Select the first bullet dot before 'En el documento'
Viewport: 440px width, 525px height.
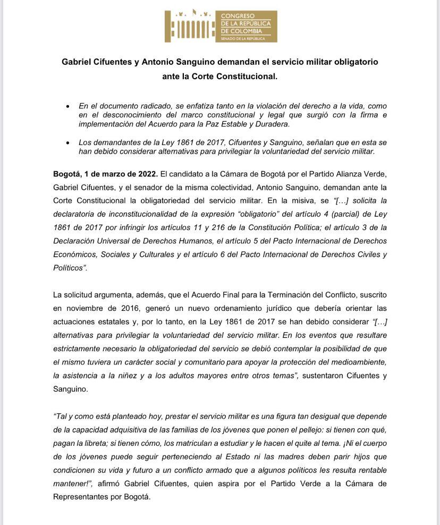pos(67,106)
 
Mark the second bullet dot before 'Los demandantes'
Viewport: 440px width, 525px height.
pos(67,142)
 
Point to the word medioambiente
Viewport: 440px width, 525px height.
pos(357,362)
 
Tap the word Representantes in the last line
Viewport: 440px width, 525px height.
pos(85,497)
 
